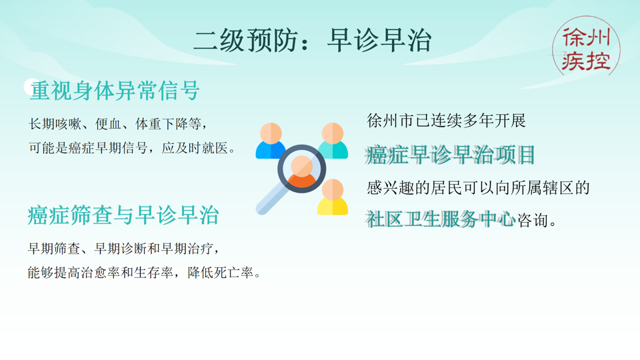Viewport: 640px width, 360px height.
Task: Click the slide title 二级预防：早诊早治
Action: [x=313, y=41]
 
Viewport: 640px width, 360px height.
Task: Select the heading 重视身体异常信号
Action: [x=115, y=90]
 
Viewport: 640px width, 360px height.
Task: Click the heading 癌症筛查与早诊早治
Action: [x=123, y=215]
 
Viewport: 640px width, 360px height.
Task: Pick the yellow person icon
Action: [x=332, y=197]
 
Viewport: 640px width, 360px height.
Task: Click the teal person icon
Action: [x=333, y=141]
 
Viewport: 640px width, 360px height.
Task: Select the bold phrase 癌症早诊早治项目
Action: [x=451, y=155]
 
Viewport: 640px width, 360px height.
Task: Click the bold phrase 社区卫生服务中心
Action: [x=441, y=219]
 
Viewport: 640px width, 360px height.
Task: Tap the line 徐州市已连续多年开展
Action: [x=446, y=121]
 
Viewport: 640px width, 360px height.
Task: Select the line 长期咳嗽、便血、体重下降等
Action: [x=123, y=124]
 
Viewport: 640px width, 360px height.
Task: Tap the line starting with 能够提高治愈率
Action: [x=144, y=273]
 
